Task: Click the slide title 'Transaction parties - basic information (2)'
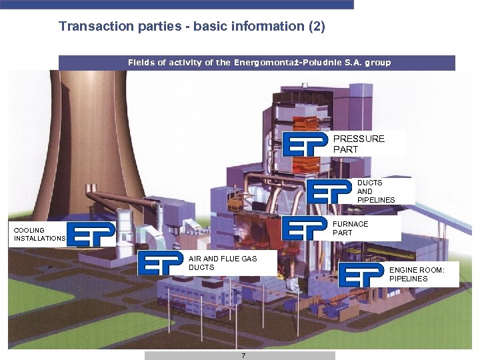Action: click(x=191, y=27)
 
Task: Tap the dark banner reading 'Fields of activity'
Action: click(x=257, y=63)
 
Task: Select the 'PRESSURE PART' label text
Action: click(x=359, y=144)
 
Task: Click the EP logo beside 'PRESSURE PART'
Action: click(x=305, y=144)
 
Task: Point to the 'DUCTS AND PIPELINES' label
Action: click(x=375, y=191)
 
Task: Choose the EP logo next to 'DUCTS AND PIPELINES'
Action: click(x=329, y=192)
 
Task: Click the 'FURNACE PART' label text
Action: click(x=350, y=228)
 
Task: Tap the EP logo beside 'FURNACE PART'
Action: click(x=305, y=229)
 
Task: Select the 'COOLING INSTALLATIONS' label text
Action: click(x=39, y=234)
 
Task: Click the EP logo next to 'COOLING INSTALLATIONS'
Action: click(x=92, y=234)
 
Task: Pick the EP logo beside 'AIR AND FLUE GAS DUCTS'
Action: click(x=161, y=263)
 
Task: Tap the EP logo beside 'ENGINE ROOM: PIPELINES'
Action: click(x=361, y=275)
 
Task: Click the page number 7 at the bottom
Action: click(x=243, y=356)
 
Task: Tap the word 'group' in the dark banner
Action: click(x=377, y=63)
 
